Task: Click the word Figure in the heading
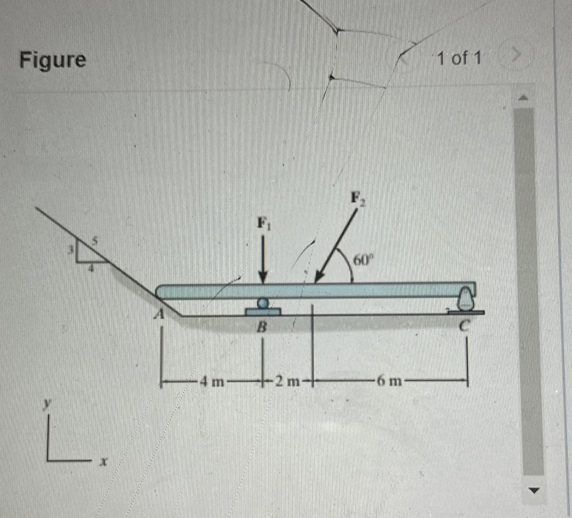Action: tap(53, 60)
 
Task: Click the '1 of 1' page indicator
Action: tap(459, 59)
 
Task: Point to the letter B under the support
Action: tap(263, 328)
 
